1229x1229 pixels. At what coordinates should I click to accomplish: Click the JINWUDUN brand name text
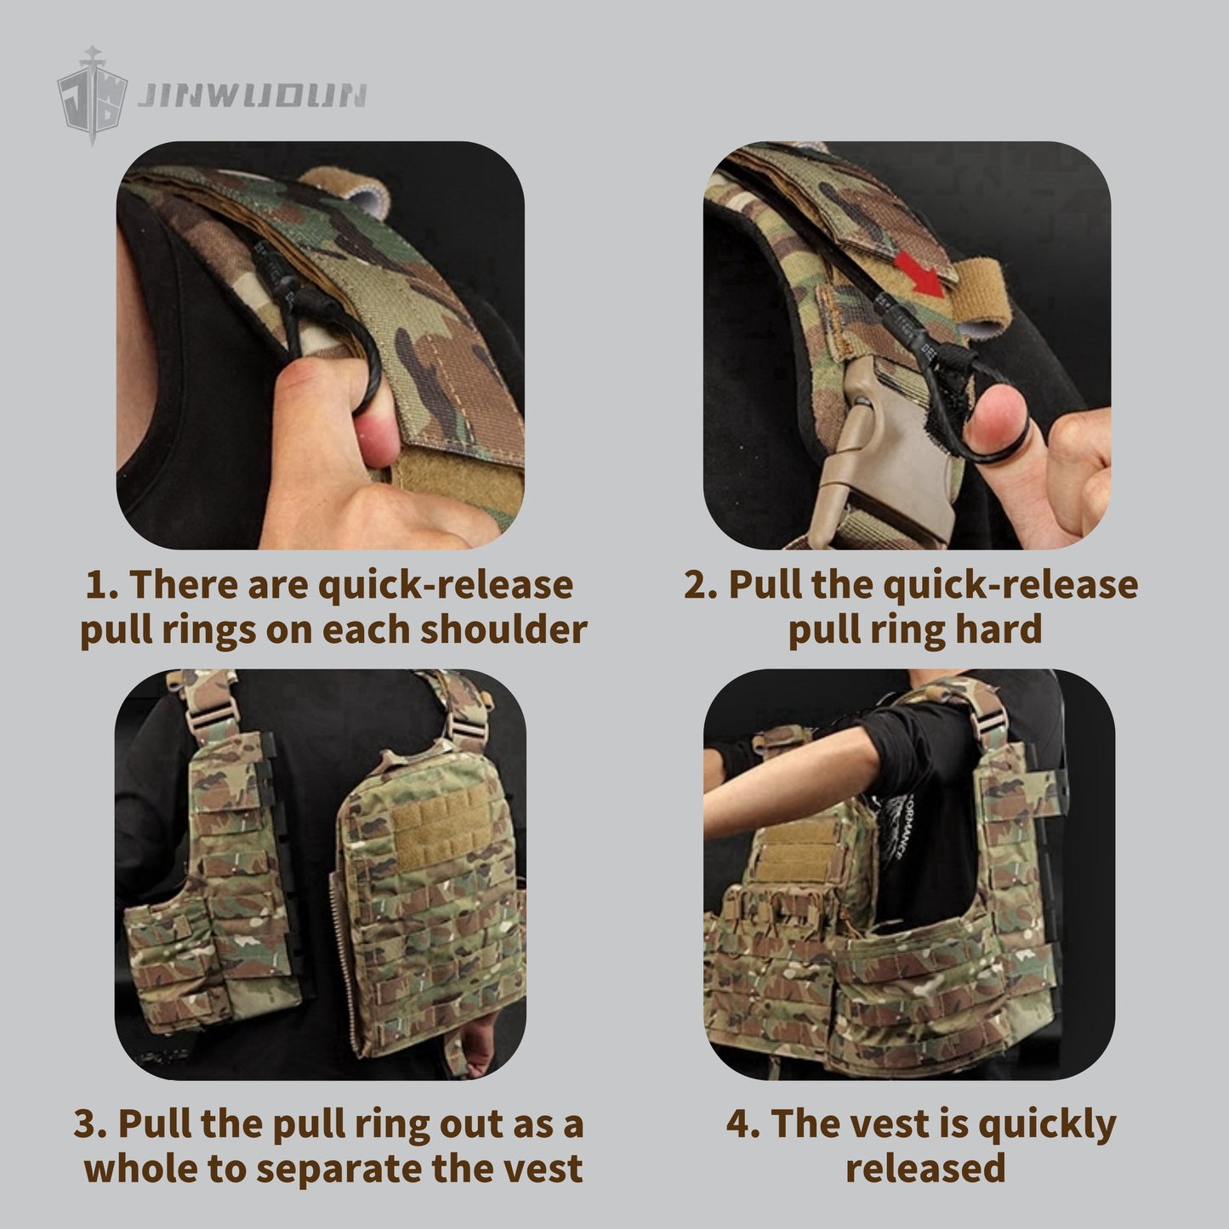252,95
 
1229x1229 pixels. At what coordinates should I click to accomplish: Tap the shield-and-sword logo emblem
92,95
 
